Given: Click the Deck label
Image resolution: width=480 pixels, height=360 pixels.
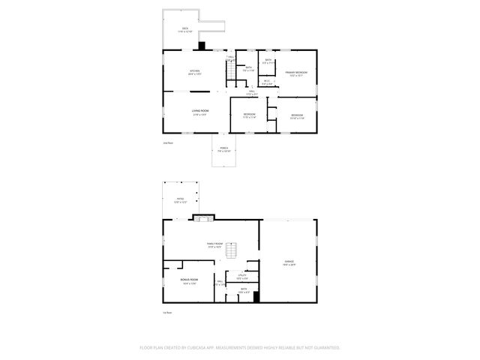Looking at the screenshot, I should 184,30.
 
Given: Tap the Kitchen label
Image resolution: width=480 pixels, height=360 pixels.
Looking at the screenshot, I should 194,73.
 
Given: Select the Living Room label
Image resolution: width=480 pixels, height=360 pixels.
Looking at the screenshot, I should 200,112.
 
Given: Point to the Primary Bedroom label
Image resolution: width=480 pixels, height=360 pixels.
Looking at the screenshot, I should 296,73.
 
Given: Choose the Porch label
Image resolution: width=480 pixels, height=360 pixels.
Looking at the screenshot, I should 223,150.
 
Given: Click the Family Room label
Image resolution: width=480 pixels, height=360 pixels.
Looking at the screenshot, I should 215,244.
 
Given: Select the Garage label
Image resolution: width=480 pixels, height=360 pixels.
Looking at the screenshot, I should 289,262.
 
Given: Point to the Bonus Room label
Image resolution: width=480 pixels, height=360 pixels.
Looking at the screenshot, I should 188,281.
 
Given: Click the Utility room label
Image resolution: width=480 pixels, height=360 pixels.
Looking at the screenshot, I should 242,277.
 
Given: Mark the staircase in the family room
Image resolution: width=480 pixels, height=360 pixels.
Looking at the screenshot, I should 232,252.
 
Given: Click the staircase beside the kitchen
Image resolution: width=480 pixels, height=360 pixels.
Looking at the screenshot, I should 223,71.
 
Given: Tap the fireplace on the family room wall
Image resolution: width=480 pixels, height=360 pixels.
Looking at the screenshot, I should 203,218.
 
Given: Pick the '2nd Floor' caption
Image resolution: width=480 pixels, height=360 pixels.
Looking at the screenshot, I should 168,142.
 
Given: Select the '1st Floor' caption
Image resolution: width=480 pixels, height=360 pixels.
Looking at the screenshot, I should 168,312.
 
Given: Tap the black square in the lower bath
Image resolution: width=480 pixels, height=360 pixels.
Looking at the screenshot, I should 256,296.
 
